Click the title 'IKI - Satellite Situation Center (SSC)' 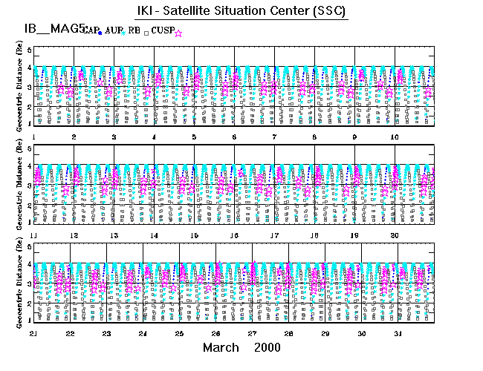pos(241,12)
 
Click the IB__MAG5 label pos(51,29)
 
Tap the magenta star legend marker pos(178,32)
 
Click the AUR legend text pos(114,30)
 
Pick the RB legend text pos(134,30)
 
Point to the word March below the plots pos(221,348)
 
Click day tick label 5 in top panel pos(194,137)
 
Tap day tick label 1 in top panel pos(34,137)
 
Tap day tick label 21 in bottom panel pos(34,334)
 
